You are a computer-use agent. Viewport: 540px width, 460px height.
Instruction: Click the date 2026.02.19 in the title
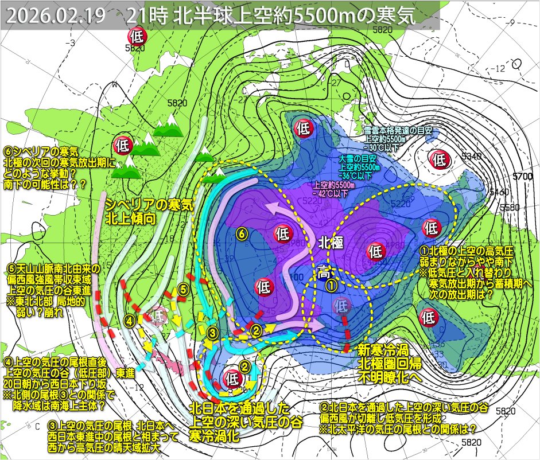56,16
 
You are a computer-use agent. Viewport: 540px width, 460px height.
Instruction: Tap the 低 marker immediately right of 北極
375,251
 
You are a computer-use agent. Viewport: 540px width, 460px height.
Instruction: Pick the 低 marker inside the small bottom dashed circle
232,378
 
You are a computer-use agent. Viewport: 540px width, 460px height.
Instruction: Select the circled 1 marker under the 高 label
331,283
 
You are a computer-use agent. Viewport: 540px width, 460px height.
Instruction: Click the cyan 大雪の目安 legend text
359,162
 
